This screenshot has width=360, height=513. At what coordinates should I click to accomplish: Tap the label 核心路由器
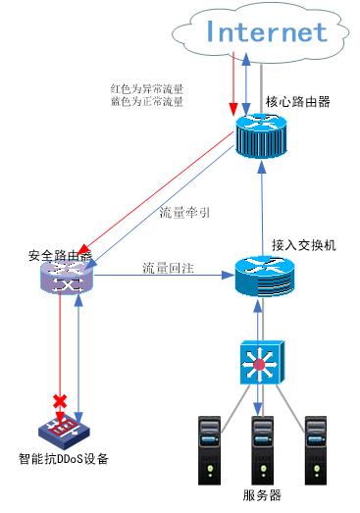298,102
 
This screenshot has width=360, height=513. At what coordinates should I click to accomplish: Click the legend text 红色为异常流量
147,88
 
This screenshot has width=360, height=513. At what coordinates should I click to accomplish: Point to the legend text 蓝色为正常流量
147,101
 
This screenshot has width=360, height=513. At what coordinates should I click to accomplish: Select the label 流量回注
163,268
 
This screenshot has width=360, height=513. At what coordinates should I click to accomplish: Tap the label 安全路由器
60,256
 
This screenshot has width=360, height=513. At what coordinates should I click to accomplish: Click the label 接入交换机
304,244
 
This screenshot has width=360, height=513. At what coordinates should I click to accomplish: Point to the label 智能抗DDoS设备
63,459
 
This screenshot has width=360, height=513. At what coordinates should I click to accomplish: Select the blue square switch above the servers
261,364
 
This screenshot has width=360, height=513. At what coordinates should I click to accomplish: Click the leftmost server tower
209,449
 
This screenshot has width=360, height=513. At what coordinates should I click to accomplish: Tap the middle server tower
262,449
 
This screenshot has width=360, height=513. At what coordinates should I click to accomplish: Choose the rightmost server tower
315,449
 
